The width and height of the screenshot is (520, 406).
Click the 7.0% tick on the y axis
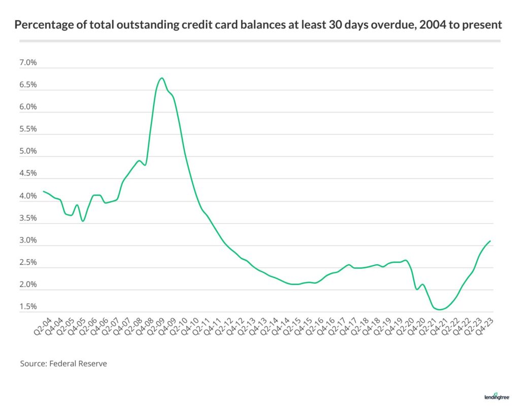pos(28,63)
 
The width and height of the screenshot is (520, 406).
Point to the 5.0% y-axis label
pos(28,151)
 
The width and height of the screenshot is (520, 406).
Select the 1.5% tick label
pos(28,307)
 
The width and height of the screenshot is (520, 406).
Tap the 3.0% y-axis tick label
pos(28,240)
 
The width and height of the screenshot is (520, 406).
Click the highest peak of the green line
pos(161,78)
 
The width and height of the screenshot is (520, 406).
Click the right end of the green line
pos(490,241)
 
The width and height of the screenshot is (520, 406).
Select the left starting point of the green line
pos(43,192)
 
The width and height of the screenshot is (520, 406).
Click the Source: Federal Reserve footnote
pos(63,364)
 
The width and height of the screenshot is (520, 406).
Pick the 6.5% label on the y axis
pos(28,85)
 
